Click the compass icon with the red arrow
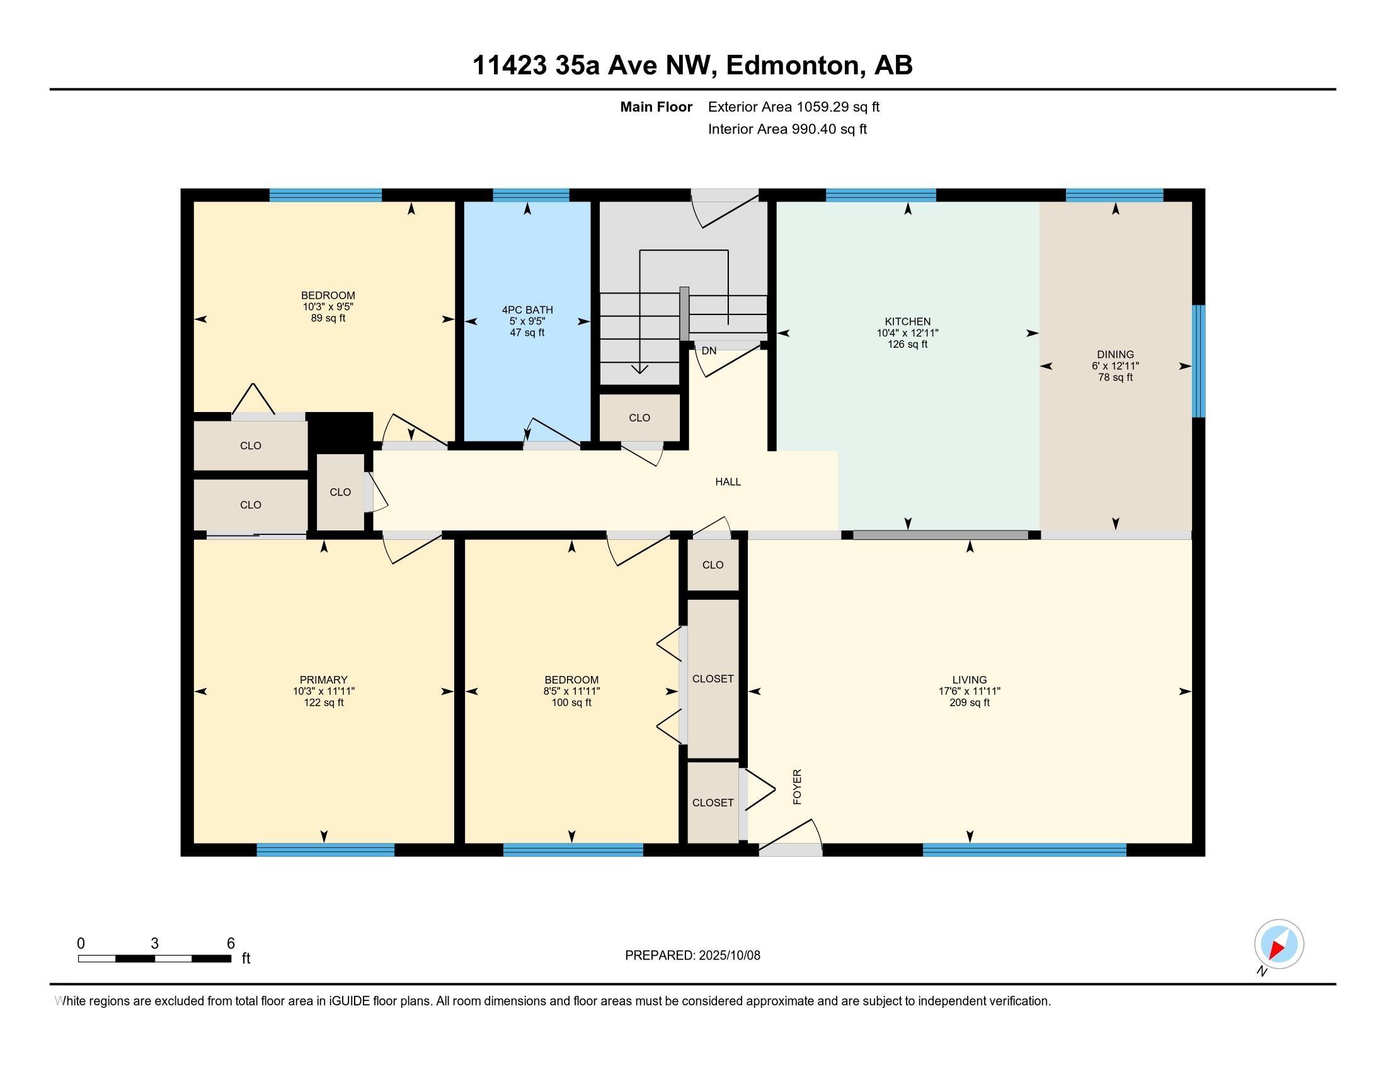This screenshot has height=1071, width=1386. point(1279,944)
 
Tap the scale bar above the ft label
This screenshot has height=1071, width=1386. point(154,958)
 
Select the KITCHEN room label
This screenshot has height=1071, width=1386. point(907,322)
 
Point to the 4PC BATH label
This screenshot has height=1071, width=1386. point(527,309)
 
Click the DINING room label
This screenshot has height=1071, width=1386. point(1115,355)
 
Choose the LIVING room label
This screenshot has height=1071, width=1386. point(969,680)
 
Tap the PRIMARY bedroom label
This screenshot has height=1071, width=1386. point(324,680)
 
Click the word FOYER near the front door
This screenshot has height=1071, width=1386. point(797,787)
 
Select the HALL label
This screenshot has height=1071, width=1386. point(728,481)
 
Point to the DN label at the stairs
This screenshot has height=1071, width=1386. point(709,351)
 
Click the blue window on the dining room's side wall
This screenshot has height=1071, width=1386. point(1198,361)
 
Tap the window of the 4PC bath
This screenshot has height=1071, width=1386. point(530,195)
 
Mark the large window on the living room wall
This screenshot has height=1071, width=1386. point(1024,850)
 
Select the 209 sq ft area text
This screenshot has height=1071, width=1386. point(969,702)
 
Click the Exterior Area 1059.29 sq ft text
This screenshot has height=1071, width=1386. point(794,106)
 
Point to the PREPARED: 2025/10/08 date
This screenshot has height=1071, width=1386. point(692,955)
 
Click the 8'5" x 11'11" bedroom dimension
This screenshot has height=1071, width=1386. point(571,691)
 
